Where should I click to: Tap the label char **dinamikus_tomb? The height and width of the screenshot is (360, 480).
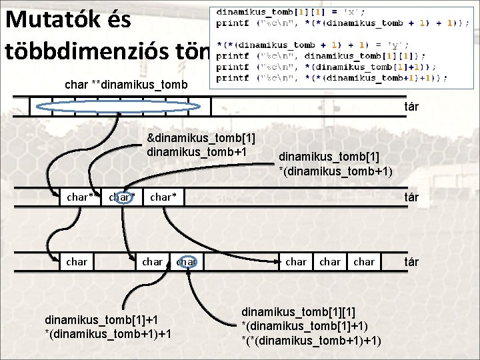tap(127, 85)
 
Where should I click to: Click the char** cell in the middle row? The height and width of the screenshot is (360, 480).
tap(81, 197)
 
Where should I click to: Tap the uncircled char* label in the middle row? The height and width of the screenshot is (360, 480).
tap(164, 197)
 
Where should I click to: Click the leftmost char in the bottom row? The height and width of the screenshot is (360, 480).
tap(77, 262)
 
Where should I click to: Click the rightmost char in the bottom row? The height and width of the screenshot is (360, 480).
tap(364, 262)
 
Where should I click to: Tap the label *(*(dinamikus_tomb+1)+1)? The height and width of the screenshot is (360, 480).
tap(311, 340)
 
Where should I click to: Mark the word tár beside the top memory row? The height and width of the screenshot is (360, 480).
tap(411, 106)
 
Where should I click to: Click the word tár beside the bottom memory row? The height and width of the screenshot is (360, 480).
tap(411, 262)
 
